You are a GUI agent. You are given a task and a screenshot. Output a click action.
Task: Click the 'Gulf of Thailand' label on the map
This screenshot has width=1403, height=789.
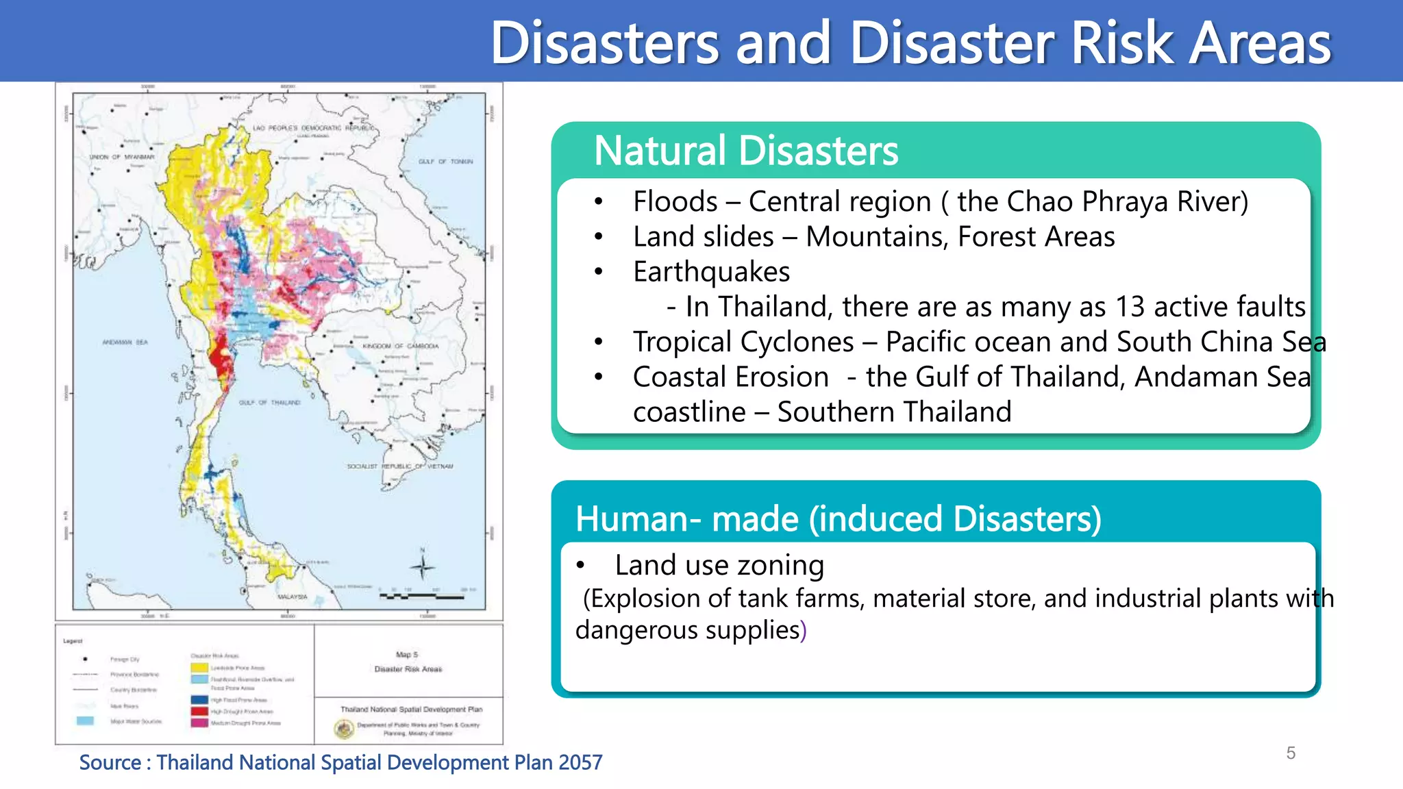coord(269,403)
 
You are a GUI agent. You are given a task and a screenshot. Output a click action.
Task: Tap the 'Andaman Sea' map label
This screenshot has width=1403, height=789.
coord(125,342)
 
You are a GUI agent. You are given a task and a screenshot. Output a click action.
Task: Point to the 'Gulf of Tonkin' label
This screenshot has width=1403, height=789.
coord(445,162)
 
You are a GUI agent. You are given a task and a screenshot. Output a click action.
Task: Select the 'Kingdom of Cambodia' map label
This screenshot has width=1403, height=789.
coord(400,346)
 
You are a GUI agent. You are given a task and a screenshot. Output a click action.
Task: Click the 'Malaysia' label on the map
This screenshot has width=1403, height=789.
coord(293,597)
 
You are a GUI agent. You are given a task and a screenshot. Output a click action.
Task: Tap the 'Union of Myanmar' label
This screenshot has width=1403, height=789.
coord(122,157)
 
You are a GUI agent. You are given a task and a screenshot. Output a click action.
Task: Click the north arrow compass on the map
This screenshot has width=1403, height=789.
coord(423,566)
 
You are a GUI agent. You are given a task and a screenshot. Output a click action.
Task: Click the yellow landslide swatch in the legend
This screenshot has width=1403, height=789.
coord(199,668)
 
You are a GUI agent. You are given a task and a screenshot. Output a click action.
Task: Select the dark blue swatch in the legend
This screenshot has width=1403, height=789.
coord(199,700)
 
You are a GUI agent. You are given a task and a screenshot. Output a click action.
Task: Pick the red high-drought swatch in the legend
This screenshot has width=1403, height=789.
coord(199,712)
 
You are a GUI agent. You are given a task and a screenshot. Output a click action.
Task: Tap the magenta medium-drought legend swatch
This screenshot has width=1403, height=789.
coord(199,723)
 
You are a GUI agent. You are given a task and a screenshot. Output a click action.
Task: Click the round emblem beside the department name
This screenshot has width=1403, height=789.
coord(344,729)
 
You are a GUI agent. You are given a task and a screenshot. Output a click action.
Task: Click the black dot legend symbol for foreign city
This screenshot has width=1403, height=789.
coord(85,659)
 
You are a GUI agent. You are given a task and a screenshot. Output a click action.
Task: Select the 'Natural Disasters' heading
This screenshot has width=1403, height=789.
coord(745,151)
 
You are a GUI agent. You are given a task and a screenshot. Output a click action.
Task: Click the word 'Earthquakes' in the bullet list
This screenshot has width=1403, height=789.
coord(711,272)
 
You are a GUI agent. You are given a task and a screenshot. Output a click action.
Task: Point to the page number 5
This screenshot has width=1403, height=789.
coord(1291,753)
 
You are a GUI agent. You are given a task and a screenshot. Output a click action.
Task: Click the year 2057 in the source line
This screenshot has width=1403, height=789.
coord(580,762)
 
